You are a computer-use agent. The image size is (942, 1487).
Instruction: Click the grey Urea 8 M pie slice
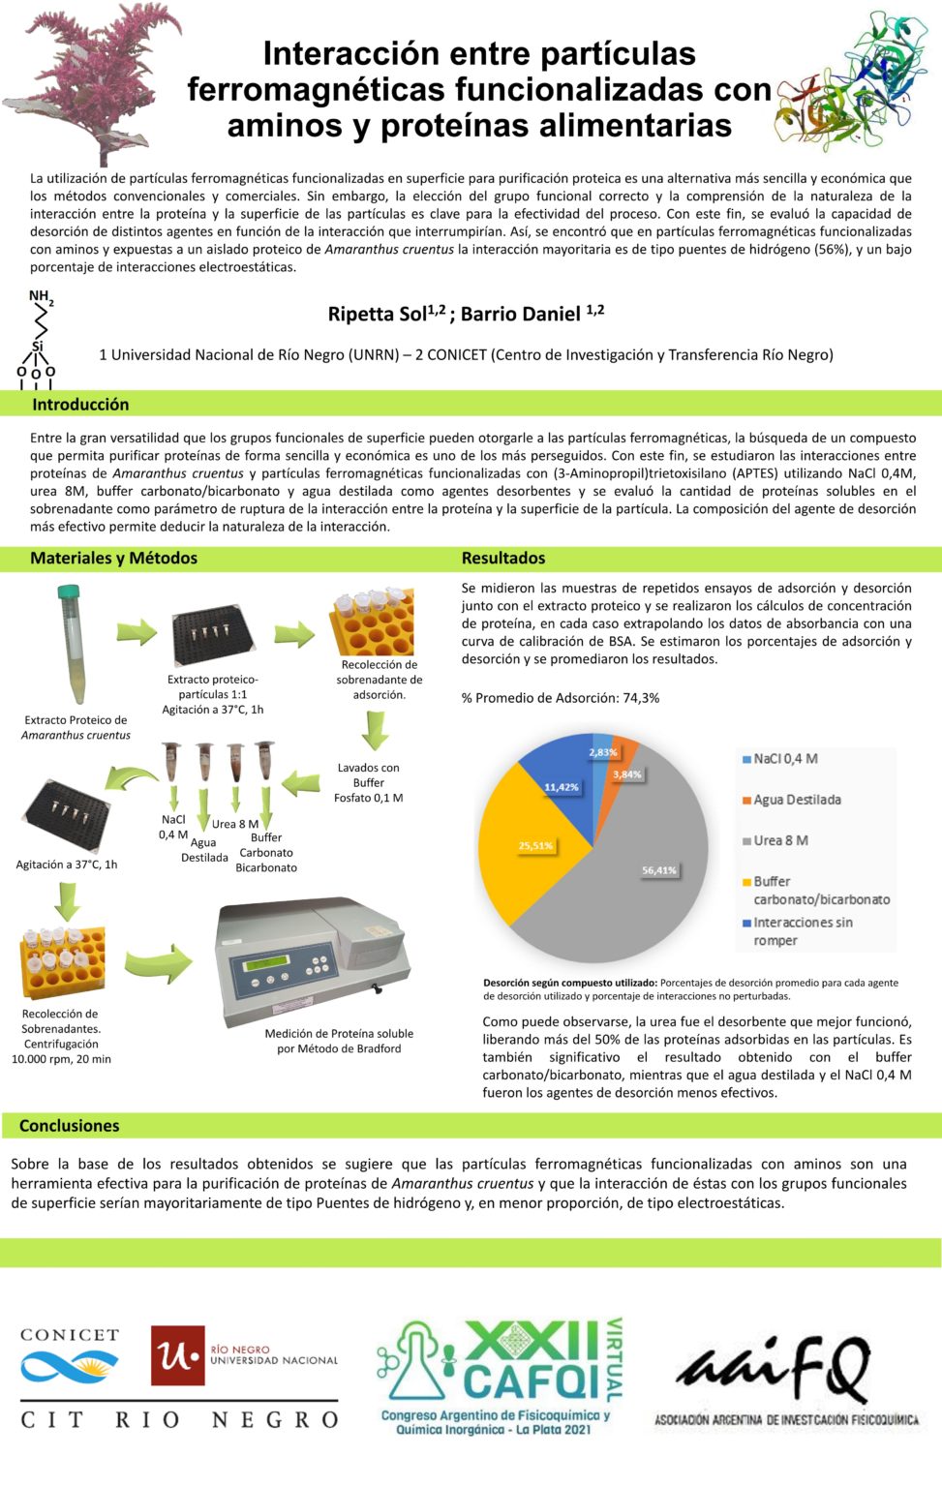coord(639,871)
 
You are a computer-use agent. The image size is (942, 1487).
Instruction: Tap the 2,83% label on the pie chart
coord(602,752)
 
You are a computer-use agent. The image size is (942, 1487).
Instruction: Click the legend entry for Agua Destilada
coord(797,800)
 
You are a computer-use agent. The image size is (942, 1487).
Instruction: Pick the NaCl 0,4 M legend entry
coord(785,759)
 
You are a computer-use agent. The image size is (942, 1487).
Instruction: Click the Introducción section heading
coord(80,405)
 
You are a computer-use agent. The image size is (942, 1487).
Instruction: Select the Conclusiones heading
coord(70,1126)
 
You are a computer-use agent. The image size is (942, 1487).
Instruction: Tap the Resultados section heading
coord(503,558)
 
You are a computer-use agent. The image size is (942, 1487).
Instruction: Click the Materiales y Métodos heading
coord(113,558)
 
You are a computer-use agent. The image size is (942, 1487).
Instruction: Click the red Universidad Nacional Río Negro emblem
coord(177,1355)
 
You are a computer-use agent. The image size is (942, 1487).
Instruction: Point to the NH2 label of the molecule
coord(41,296)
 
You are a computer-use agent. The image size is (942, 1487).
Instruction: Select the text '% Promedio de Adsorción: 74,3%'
coord(561,698)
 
